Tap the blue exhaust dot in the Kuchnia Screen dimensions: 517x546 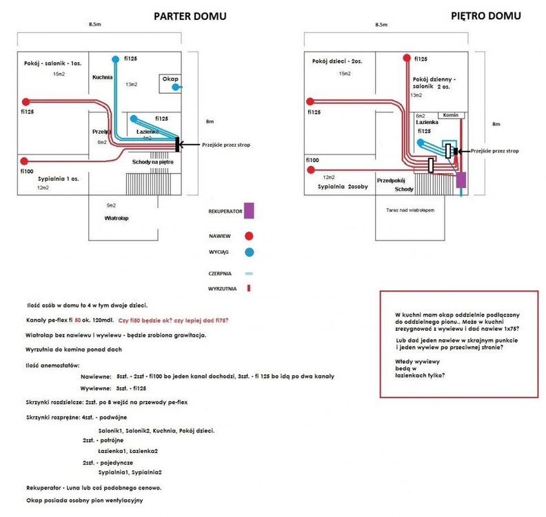(x=116, y=58)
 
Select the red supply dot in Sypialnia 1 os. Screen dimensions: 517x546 (x=24, y=161)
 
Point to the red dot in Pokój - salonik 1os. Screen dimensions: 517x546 (x=26, y=100)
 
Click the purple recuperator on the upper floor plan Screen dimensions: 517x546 (x=461, y=181)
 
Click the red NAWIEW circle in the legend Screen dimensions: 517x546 (x=248, y=235)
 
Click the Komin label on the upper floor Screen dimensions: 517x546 (x=452, y=115)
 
